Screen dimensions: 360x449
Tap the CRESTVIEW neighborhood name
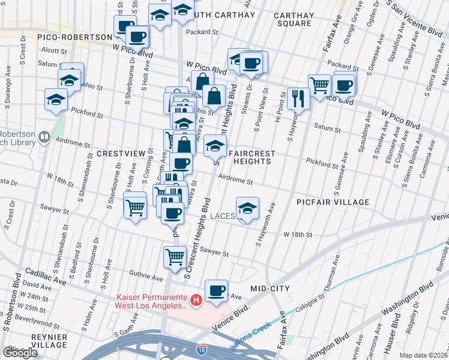tap(121, 154)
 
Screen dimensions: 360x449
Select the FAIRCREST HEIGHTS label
tap(252, 158)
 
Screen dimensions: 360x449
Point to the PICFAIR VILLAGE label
tap(333, 203)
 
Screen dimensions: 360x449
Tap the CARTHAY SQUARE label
tap(292, 19)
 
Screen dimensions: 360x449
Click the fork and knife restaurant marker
tap(298, 97)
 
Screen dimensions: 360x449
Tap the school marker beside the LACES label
tap(247, 208)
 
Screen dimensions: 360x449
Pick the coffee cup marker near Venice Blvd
tap(216, 291)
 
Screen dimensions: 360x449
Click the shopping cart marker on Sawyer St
tap(175, 256)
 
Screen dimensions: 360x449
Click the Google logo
tap(20, 353)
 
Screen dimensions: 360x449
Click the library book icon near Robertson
tap(44, 138)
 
